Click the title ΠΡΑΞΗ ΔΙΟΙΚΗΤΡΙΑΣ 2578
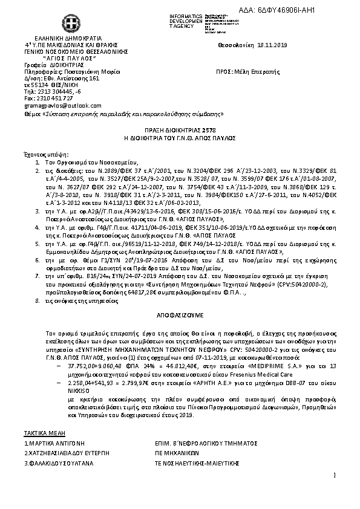pyautogui.click(x=180, y=129)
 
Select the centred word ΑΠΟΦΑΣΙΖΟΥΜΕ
pyautogui.click(x=178, y=316)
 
